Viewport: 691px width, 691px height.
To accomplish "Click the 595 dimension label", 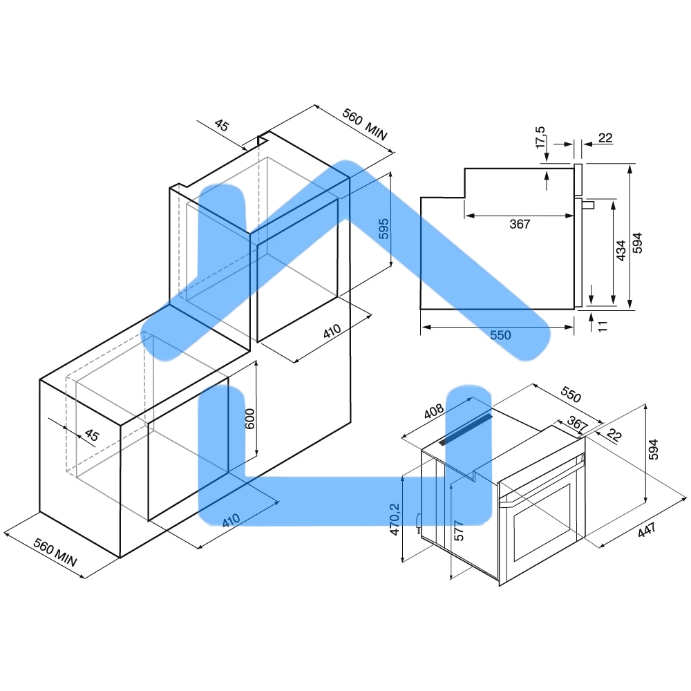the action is [384, 229].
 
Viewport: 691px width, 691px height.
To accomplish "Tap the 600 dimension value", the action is [249, 419].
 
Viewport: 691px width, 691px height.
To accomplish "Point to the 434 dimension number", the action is [621, 250].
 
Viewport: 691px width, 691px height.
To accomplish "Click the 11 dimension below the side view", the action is [603, 326].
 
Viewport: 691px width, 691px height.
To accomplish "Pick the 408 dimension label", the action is [434, 411].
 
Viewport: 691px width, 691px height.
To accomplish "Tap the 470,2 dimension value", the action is [395, 520].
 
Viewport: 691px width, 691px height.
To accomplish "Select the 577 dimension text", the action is [459, 531].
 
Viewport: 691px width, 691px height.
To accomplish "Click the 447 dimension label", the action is [647, 529].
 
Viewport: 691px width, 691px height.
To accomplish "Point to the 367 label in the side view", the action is [520, 224].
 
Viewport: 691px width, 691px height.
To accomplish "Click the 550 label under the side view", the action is [500, 335].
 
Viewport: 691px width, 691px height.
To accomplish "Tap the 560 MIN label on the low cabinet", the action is [55, 552].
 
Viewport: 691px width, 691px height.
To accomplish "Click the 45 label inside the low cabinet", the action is [91, 435].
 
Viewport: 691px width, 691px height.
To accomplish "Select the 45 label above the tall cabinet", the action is [222, 126].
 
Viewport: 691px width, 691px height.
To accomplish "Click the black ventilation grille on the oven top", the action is [465, 429].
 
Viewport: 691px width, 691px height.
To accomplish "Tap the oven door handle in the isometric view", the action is [542, 480].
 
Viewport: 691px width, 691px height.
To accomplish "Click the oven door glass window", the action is [542, 522].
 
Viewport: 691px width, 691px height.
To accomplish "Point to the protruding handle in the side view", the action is [588, 205].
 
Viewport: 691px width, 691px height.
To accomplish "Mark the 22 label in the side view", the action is [605, 138].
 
